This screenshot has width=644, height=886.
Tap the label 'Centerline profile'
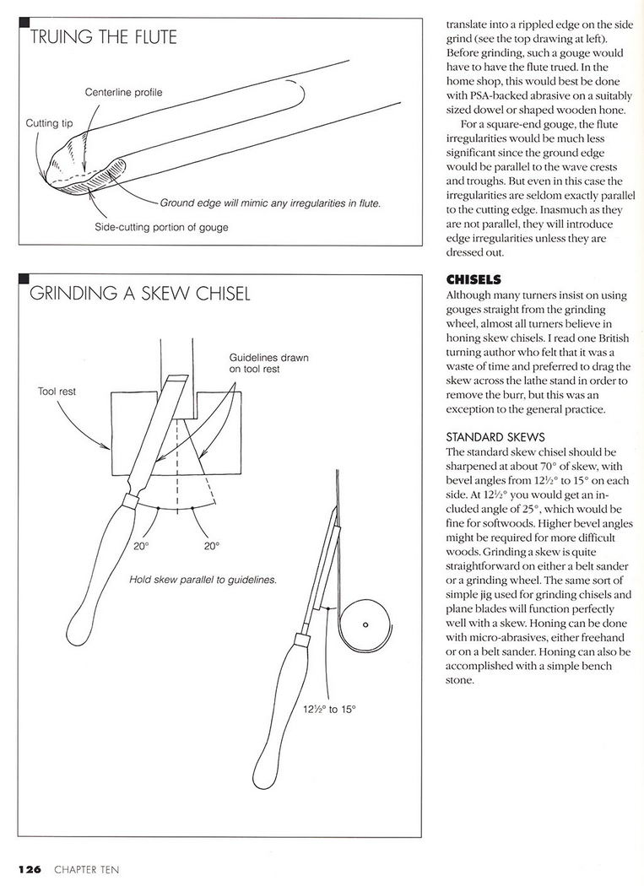[x=123, y=91]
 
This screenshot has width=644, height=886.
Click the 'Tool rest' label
[x=58, y=392]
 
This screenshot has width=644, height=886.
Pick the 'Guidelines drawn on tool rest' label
[x=268, y=363]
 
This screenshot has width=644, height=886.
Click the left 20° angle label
[x=141, y=546]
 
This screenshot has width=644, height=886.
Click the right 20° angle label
[x=211, y=546]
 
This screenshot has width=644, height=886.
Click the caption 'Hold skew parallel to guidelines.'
[x=203, y=581]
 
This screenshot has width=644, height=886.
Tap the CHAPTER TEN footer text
[x=86, y=868]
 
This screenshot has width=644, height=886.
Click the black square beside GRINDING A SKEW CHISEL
[x=23, y=278]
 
